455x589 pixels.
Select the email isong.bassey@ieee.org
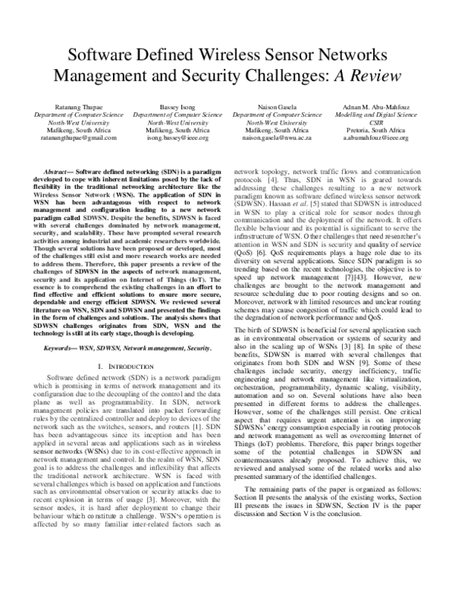click(177, 138)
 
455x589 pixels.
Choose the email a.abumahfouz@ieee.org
click(377, 138)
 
